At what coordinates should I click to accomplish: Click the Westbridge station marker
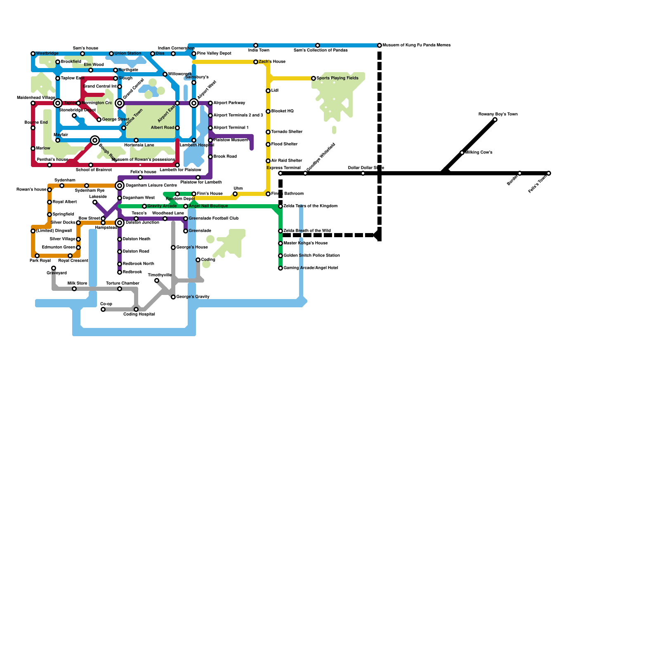tap(33, 54)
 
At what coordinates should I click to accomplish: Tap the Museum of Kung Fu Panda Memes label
tap(416, 45)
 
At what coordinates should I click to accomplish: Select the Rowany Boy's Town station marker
tap(495, 120)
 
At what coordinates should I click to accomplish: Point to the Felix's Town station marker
tap(549, 173)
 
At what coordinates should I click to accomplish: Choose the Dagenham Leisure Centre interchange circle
tap(120, 186)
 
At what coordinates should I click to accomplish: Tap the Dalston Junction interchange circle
tap(120, 223)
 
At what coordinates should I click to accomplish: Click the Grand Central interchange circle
tap(120, 103)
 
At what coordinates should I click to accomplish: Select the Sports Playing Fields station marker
tap(313, 78)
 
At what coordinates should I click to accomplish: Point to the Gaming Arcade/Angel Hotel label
tap(311, 268)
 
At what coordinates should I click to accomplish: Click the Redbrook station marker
tap(120, 272)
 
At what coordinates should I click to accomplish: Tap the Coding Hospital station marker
tap(136, 309)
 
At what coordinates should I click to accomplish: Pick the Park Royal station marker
tap(37, 256)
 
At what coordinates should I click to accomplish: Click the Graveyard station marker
tap(54, 268)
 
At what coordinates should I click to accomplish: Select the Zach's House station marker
tap(256, 62)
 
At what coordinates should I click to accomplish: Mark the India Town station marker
tap(256, 45)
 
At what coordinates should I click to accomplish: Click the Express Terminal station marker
tap(280, 173)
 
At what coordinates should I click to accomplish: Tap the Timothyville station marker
tap(157, 280)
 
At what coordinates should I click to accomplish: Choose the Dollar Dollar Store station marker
tap(363, 173)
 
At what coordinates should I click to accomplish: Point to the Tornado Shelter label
tap(287, 132)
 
